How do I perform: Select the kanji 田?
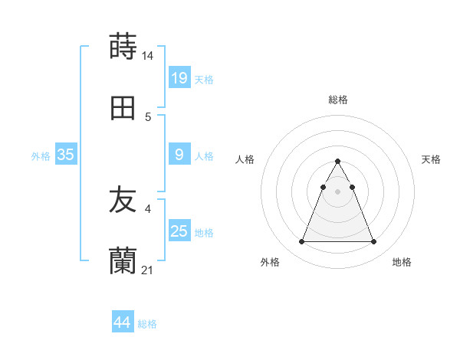(123, 108)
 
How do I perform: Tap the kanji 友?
(123, 200)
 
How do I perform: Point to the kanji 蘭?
(123, 261)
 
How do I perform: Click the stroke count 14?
(148, 56)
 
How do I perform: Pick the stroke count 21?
(148, 270)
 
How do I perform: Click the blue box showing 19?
(179, 77)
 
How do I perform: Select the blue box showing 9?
(179, 154)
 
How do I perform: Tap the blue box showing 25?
(179, 231)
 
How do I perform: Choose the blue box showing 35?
(65, 154)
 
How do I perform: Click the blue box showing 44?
(122, 322)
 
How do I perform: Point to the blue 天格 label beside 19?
(204, 79)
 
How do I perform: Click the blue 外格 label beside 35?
(41, 155)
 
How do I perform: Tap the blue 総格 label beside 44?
(147, 324)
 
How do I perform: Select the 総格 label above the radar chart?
(338, 100)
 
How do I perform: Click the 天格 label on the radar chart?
(431, 159)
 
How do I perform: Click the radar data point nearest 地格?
(374, 242)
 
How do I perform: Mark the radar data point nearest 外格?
(301, 242)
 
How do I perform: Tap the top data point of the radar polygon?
(337, 161)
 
